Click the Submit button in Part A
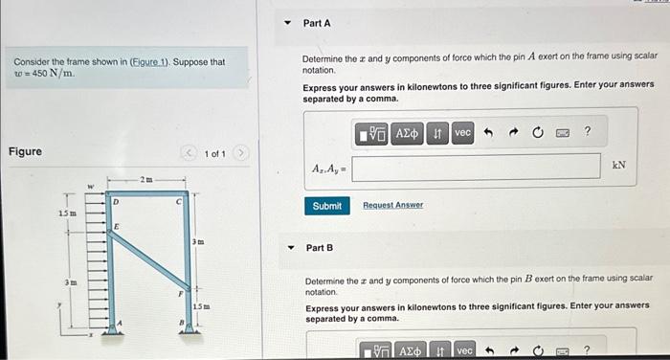click(x=326, y=206)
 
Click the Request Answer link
click(x=392, y=206)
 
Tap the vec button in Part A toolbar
click(x=462, y=133)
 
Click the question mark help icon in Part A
click(x=588, y=132)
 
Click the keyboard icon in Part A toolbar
click(x=562, y=133)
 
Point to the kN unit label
click(x=619, y=166)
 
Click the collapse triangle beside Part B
click(x=291, y=248)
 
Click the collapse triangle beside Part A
click(x=291, y=22)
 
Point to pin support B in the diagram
click(x=190, y=326)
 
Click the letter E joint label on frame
click(x=117, y=224)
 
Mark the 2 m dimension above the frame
click(x=145, y=179)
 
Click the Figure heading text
click(x=25, y=152)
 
